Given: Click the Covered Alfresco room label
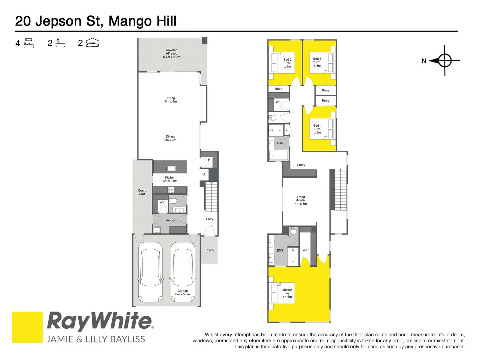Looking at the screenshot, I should [171, 54].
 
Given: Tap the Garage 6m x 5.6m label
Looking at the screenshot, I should [182, 292].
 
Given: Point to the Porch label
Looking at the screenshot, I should [209, 250].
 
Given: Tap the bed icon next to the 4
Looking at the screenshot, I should [29, 43].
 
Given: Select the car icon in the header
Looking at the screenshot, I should [92, 43].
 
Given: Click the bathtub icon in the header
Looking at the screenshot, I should [60, 43].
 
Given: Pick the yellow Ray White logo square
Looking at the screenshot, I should [27, 327].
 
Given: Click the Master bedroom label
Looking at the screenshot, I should [287, 293].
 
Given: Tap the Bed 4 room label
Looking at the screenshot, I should [317, 129].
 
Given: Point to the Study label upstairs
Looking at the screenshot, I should [301, 165].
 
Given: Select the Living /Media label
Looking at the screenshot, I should [301, 200].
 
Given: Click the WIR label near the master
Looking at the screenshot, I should [305, 250].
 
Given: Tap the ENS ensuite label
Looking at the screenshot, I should [280, 250].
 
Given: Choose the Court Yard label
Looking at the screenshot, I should [142, 192].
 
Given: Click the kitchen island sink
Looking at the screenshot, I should [171, 168].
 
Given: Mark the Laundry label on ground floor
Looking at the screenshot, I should [169, 220].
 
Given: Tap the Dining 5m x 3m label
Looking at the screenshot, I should [170, 138].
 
